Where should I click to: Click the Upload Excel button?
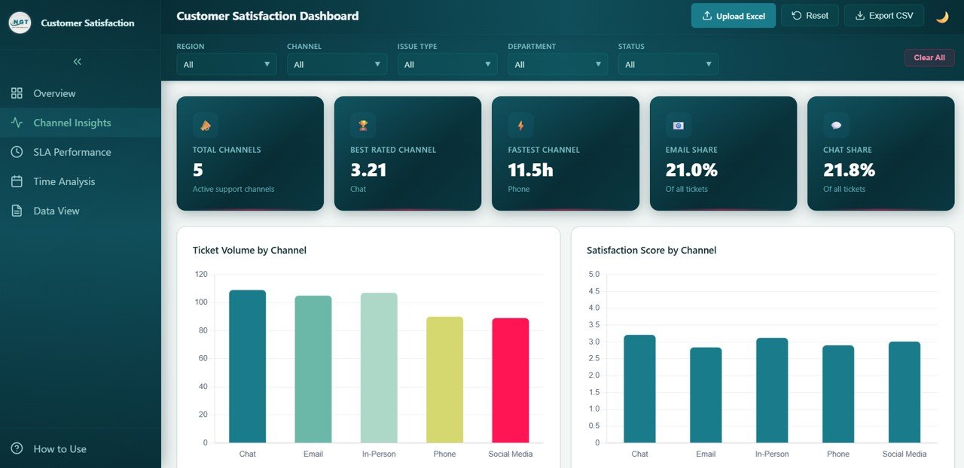733,16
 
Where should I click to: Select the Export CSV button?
883,16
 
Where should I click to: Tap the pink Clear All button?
929,58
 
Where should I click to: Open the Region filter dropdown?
226,65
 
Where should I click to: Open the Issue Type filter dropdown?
447,65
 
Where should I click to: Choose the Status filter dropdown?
668,65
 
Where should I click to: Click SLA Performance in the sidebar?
72,152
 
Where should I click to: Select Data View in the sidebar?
56,211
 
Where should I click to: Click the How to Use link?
59,448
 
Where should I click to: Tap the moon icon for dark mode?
941,17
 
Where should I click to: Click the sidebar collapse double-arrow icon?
77,62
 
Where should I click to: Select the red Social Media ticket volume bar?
510,380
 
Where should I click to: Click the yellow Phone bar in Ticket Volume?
444,379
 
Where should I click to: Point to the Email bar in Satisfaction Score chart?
706,394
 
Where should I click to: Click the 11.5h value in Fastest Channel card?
530,170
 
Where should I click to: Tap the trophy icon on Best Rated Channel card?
363,125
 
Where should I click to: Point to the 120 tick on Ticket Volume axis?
200,275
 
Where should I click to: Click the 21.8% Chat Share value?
849,170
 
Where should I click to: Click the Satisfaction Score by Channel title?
651,250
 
